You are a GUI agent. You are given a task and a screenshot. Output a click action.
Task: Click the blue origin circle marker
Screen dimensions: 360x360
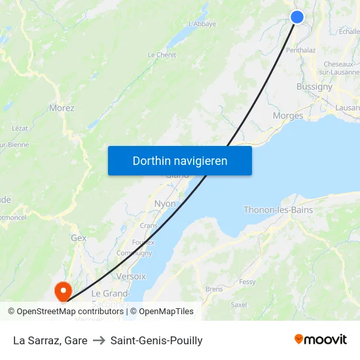point(297,17)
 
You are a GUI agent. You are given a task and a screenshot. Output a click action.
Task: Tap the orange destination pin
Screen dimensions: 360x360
point(63,291)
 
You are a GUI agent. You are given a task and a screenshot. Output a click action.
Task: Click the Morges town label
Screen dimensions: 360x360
point(288,116)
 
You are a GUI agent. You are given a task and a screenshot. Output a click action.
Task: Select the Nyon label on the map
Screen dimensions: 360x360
point(165,204)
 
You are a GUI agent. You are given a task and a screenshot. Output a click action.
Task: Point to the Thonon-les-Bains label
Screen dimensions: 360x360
point(278,210)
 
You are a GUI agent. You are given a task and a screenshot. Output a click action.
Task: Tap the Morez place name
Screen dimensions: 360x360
point(62,108)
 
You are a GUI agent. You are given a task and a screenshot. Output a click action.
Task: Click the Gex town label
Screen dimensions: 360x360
point(79,238)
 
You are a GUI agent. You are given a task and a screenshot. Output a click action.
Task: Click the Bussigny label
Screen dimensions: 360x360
point(314,86)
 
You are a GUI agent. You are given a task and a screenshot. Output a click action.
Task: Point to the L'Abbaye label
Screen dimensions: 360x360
point(202,24)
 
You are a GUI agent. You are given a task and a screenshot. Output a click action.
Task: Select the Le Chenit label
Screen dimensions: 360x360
point(162,55)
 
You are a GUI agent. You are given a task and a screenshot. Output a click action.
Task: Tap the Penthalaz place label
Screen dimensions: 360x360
point(301,50)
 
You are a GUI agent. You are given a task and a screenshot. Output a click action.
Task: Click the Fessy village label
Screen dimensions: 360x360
point(247,282)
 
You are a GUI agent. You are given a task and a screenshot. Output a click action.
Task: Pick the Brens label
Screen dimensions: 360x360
point(214,289)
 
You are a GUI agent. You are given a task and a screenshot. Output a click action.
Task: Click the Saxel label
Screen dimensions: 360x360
point(239,304)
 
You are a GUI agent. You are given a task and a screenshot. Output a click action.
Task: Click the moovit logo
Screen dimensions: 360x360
point(321,339)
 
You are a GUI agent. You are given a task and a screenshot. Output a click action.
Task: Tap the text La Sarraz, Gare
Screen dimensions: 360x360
point(50,340)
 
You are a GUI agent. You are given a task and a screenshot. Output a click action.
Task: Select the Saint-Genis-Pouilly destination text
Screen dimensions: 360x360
point(156,340)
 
